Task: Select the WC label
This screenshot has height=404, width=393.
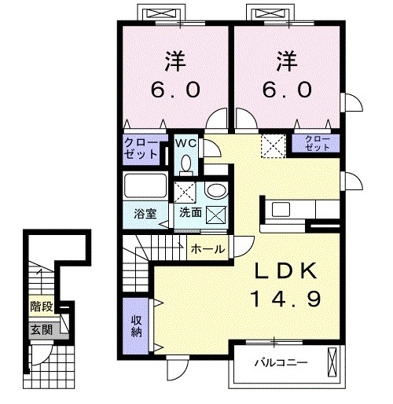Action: [x=186, y=143]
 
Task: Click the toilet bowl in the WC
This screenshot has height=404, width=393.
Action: [x=185, y=162]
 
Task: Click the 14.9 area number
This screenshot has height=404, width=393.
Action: [x=285, y=299]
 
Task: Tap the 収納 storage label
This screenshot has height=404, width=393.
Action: [x=134, y=325]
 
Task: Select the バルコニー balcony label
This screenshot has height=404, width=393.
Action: [x=280, y=363]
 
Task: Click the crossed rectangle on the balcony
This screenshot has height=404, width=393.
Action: [x=334, y=362]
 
